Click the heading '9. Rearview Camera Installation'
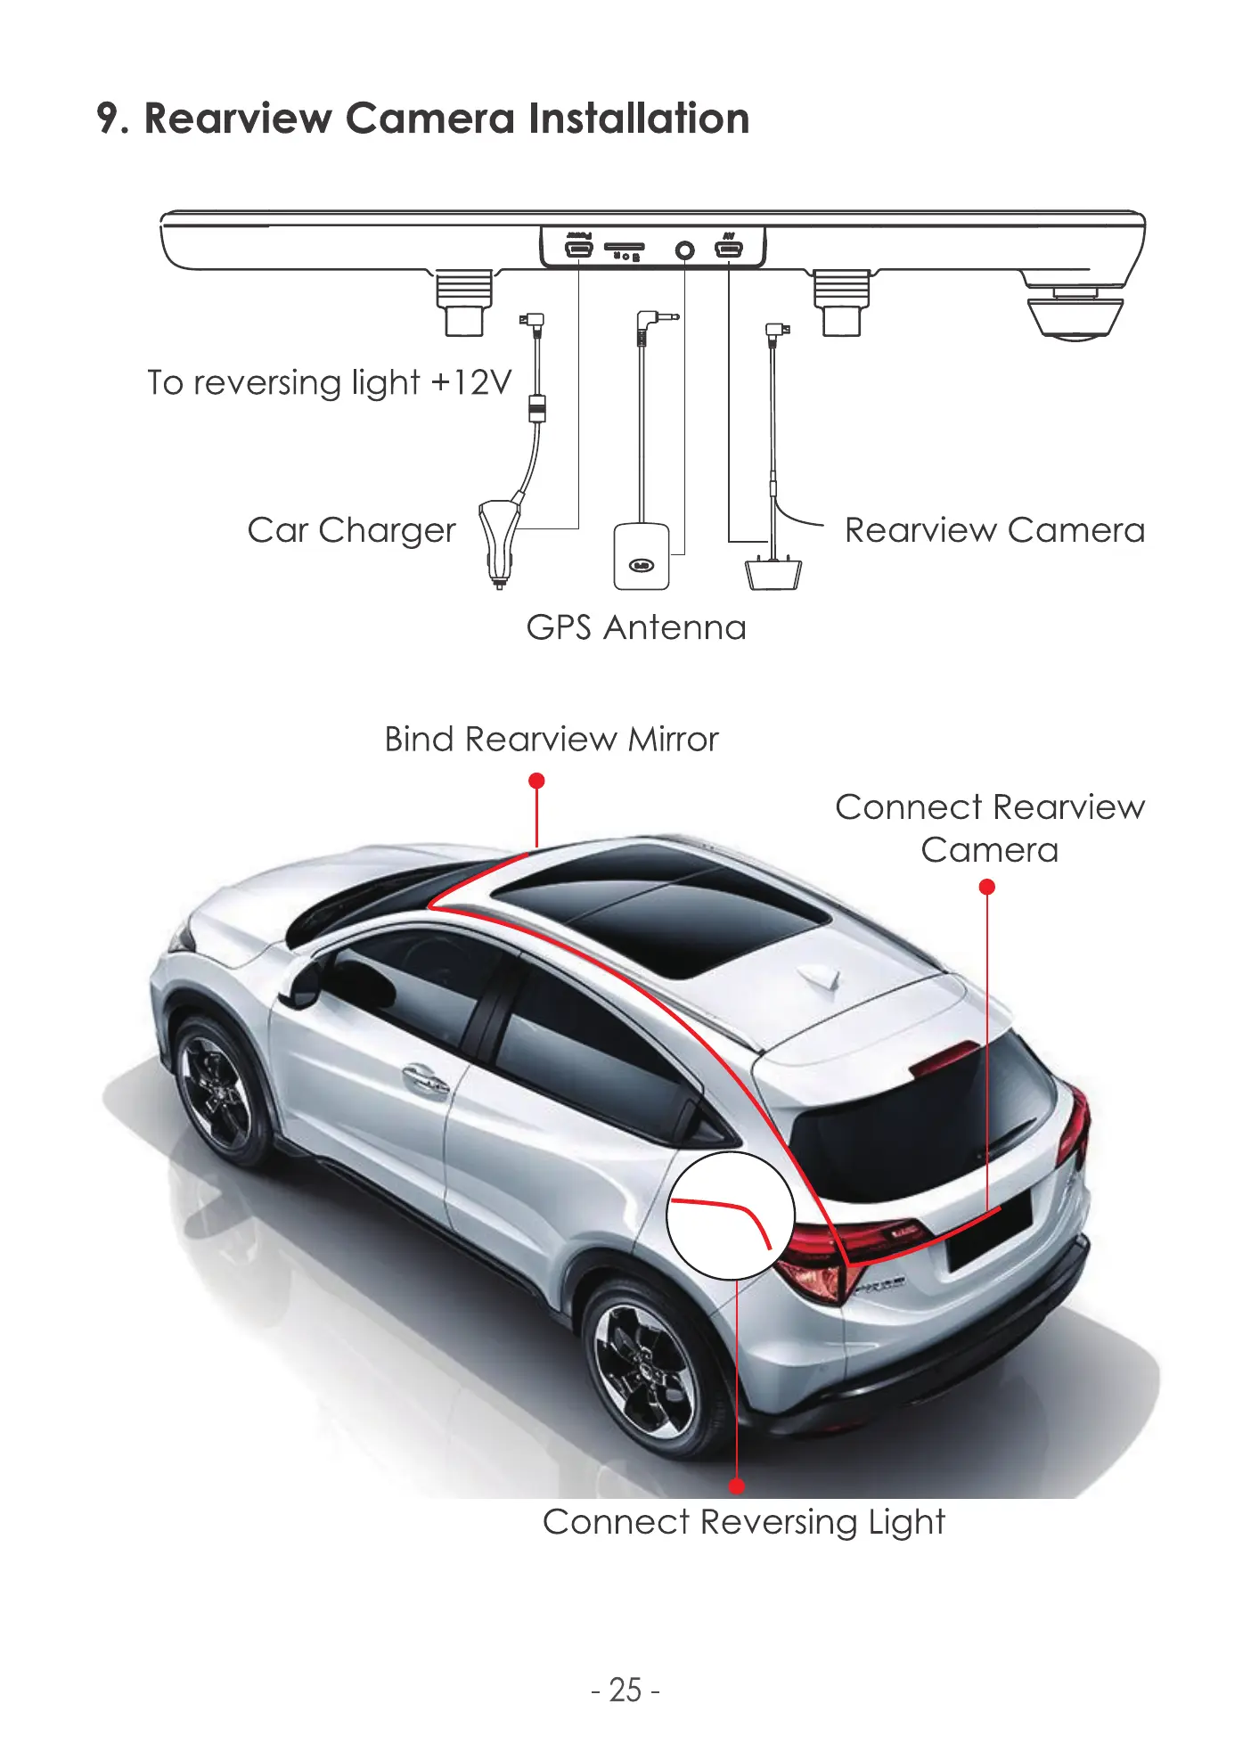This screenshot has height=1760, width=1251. [x=423, y=119]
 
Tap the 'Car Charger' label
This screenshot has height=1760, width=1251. [x=351, y=531]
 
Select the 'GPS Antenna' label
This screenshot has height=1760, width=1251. [x=635, y=628]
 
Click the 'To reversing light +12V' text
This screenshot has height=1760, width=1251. [x=330, y=383]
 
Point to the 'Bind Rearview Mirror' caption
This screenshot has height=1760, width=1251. [x=551, y=740]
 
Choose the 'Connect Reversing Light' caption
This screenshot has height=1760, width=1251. [x=743, y=1522]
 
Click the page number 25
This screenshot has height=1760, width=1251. [x=625, y=1690]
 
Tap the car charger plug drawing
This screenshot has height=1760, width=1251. [x=498, y=540]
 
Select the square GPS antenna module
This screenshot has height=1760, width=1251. [x=641, y=557]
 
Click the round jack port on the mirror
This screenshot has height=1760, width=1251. [x=684, y=250]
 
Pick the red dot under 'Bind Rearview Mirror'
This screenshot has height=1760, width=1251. [x=536, y=781]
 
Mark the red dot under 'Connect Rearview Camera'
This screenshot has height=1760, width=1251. [x=986, y=887]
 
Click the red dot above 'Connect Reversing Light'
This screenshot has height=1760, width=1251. [x=736, y=1486]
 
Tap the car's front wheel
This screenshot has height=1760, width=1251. [x=215, y=1089]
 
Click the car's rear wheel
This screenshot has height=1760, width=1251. [x=648, y=1370]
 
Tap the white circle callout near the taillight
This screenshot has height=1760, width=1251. [x=730, y=1215]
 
